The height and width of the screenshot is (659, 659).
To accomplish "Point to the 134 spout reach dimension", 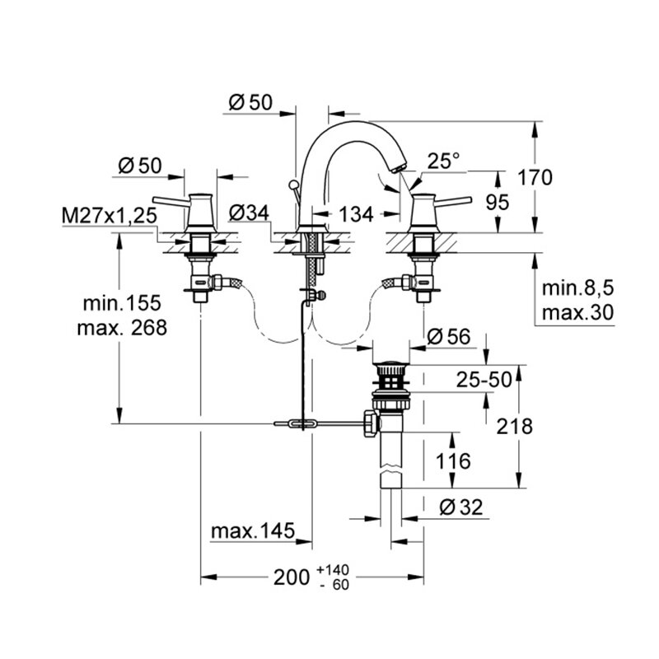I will [x=356, y=215].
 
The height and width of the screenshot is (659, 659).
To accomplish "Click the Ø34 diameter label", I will [x=248, y=213].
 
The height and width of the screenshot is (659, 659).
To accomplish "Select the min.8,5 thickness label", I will [x=579, y=289].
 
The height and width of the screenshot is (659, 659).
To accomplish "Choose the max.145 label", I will [x=252, y=532].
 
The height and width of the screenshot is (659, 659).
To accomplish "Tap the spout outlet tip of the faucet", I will [x=400, y=168].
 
